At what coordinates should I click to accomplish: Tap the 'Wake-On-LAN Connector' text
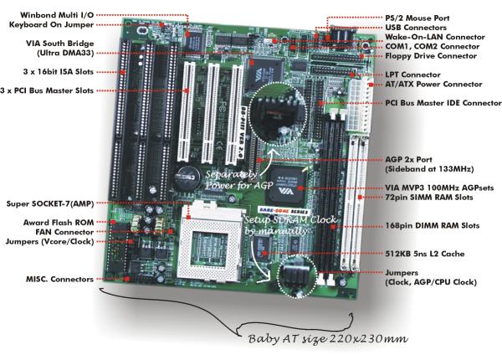click(434, 37)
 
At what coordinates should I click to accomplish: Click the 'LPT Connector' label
click(413, 75)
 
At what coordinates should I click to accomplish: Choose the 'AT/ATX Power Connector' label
click(433, 85)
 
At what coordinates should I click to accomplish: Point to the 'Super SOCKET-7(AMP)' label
click(51, 202)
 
